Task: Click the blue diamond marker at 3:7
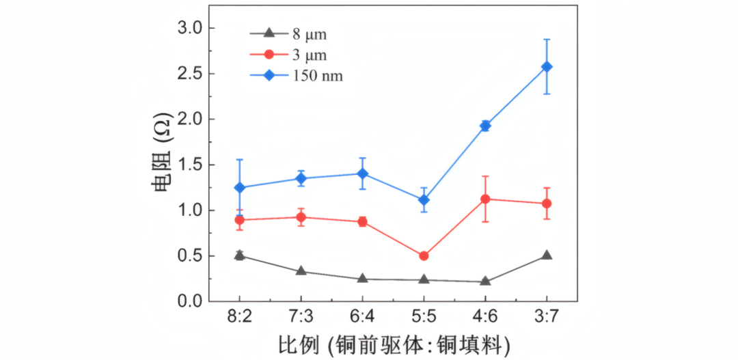[546, 66]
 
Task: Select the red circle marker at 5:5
[424, 255]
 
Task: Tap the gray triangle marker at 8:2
[239, 255]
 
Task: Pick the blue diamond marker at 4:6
[485, 126]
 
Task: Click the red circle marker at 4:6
[485, 199]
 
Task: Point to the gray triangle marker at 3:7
[546, 255]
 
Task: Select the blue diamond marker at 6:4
[362, 174]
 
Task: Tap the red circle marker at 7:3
[301, 217]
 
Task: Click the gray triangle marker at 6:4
[362, 279]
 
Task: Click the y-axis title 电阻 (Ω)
[162, 163]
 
